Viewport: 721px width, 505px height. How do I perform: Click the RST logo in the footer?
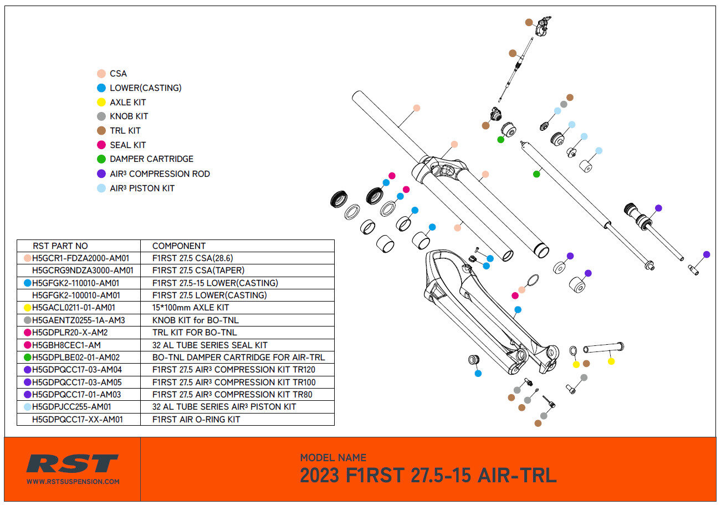point(73,463)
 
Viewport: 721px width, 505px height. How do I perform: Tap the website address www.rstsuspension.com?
point(73,482)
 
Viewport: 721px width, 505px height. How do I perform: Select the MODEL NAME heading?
point(333,458)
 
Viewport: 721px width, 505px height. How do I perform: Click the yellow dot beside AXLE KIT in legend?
point(101,103)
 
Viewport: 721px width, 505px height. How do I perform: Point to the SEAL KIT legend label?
point(127,145)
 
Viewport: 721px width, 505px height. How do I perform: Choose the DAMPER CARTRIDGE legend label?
point(151,159)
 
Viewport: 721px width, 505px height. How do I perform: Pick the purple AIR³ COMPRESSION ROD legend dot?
point(101,174)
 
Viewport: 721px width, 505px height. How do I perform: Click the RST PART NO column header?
point(60,246)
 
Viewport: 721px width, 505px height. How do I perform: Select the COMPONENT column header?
point(178,246)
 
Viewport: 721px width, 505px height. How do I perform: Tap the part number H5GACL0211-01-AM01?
point(73,308)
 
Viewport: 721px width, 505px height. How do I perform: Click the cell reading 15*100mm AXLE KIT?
point(190,308)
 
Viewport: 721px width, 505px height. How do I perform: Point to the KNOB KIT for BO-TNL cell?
point(196,320)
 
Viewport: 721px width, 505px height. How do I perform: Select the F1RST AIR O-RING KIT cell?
point(196,420)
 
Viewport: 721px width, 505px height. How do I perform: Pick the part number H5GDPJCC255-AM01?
point(71,407)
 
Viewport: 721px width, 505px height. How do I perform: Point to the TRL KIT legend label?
point(125,131)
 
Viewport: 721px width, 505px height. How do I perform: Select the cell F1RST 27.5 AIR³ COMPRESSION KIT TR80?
point(232,395)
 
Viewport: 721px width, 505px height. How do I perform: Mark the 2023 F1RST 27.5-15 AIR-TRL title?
point(428,476)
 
